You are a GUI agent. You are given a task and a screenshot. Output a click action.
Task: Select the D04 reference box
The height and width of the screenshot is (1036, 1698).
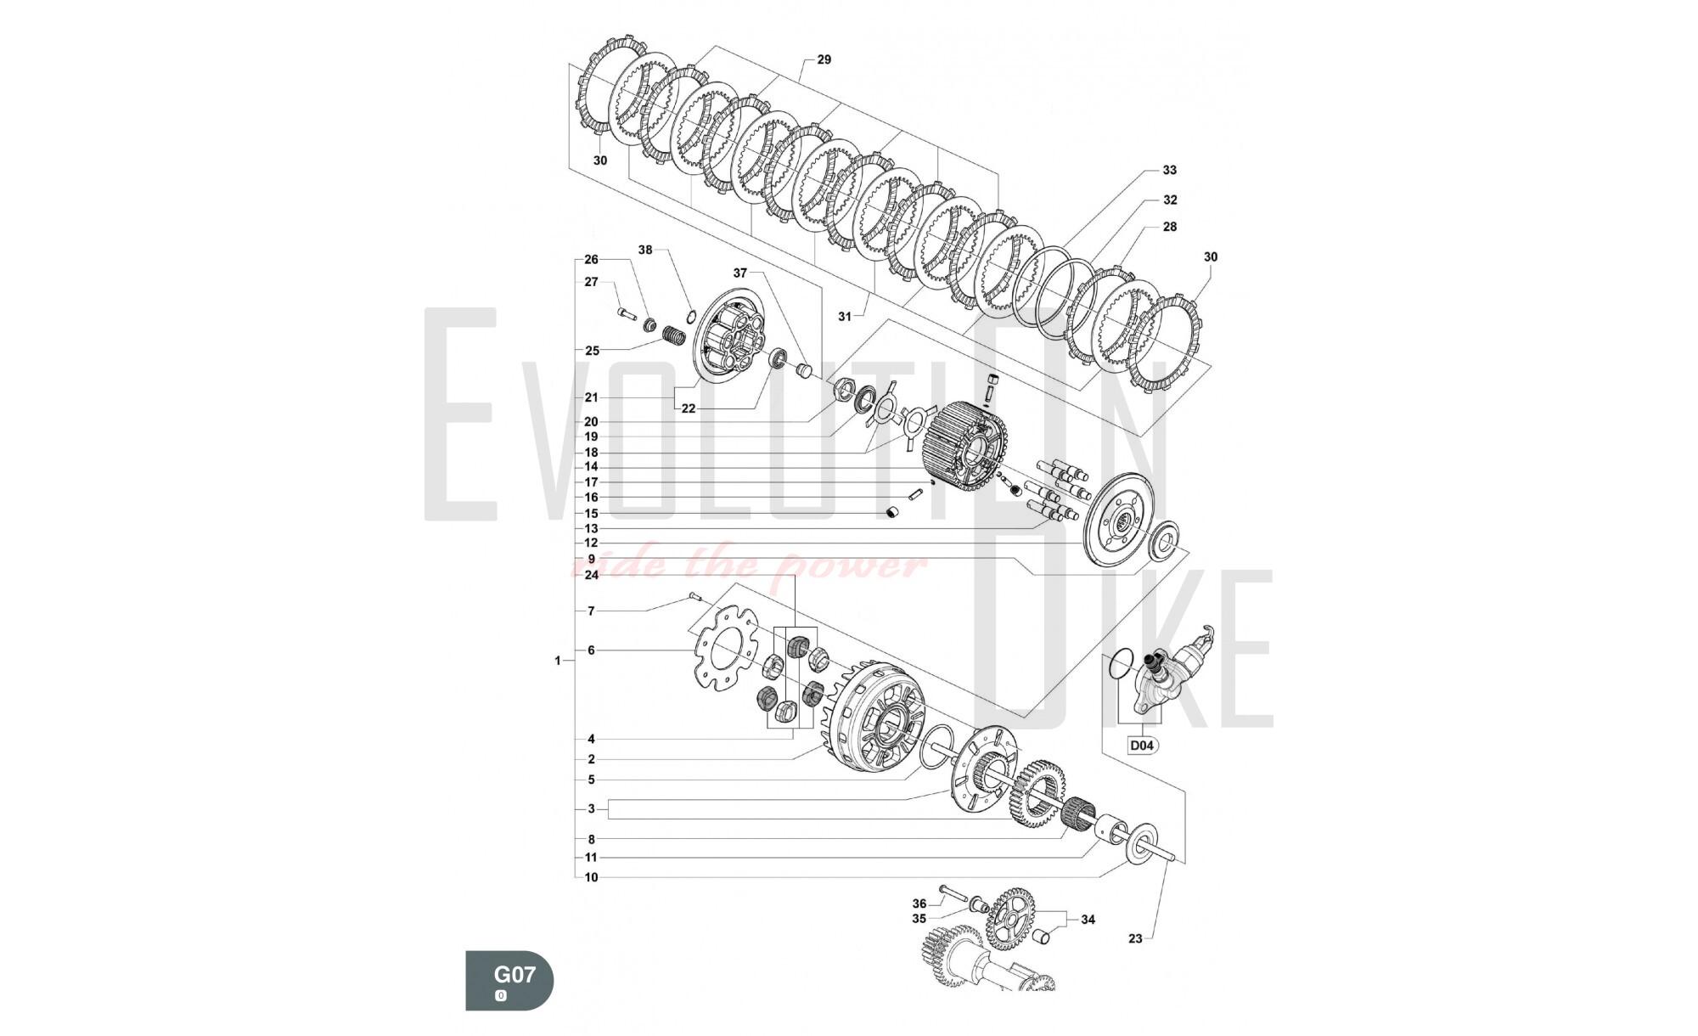pyautogui.click(x=1142, y=746)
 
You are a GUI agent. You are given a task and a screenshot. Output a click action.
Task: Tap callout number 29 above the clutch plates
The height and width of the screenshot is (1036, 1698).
pyautogui.click(x=824, y=59)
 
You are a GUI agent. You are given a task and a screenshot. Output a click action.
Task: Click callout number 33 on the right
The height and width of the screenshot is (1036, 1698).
pyautogui.click(x=1169, y=170)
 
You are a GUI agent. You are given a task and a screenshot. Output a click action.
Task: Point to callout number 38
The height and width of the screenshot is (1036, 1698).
pyautogui.click(x=645, y=250)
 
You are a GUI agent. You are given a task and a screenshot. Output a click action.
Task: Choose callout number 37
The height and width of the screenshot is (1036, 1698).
pyautogui.click(x=739, y=273)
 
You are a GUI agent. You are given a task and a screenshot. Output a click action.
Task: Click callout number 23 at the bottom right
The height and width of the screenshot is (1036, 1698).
pyautogui.click(x=1135, y=938)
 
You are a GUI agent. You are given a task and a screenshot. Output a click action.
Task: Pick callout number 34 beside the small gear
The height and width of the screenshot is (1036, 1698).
pyautogui.click(x=1088, y=919)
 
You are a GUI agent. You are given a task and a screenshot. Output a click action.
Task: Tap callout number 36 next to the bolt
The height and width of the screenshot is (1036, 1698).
pyautogui.click(x=919, y=904)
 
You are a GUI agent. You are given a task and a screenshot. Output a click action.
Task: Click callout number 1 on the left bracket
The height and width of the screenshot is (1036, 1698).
pyautogui.click(x=558, y=660)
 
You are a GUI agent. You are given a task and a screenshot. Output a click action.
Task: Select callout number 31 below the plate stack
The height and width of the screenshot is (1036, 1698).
pyautogui.click(x=844, y=316)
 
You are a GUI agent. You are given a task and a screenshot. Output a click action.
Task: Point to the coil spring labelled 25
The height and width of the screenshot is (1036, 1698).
pyautogui.click(x=673, y=337)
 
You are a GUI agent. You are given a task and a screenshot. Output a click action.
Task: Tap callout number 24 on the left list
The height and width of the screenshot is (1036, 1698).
pyautogui.click(x=592, y=575)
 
